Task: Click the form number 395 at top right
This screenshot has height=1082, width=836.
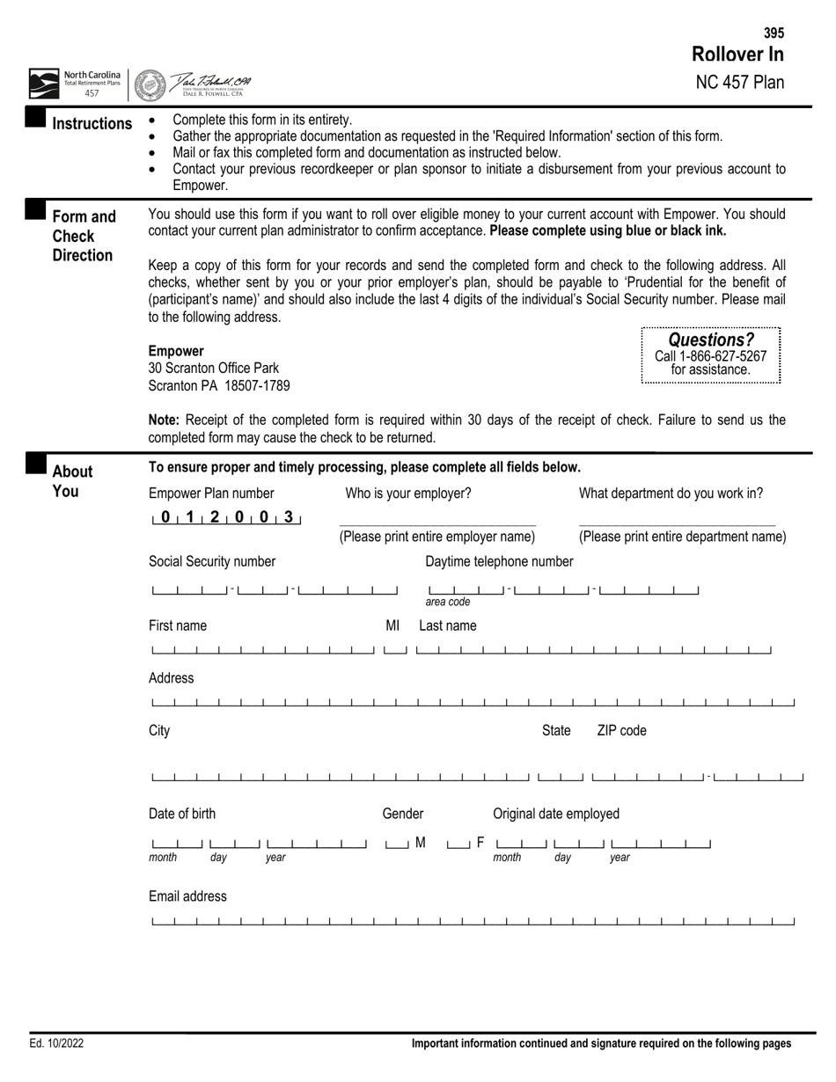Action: pyautogui.click(x=774, y=33)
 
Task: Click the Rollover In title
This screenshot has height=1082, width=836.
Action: pyautogui.click(x=737, y=55)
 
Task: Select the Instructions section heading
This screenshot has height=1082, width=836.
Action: pyautogui.click(x=92, y=123)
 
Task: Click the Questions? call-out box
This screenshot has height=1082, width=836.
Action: pyautogui.click(x=711, y=355)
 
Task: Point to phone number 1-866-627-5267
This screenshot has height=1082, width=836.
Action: pyautogui.click(x=711, y=356)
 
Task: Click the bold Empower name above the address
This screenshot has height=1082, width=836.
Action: pyautogui.click(x=176, y=351)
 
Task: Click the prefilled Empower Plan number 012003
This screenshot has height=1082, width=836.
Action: pyautogui.click(x=226, y=518)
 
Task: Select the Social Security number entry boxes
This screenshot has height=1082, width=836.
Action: pyautogui.click(x=274, y=589)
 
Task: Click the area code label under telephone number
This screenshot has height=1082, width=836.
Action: pyautogui.click(x=448, y=602)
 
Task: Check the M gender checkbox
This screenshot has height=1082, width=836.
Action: pyautogui.click(x=397, y=844)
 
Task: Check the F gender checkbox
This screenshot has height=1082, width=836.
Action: pyautogui.click(x=458, y=844)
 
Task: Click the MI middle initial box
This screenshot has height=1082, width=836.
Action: pyautogui.click(x=395, y=650)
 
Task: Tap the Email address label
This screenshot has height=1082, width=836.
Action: pyautogui.click(x=187, y=896)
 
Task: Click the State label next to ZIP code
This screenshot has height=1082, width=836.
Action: pyautogui.click(x=556, y=730)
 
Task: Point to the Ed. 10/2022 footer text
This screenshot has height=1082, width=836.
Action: pyautogui.click(x=56, y=1043)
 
